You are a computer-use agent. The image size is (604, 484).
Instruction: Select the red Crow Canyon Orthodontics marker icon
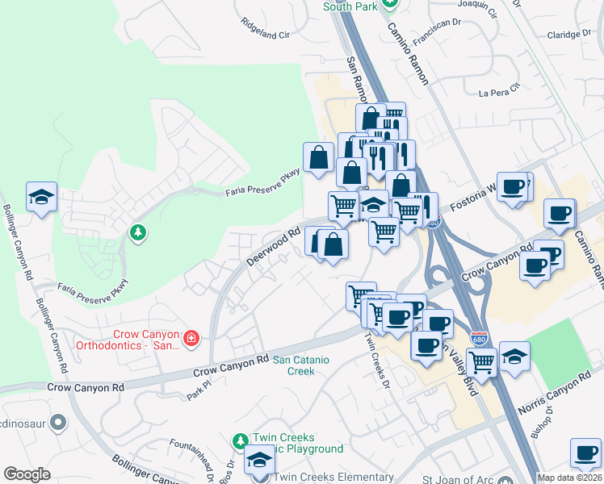click(x=191, y=338)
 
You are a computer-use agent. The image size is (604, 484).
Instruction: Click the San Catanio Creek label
click(x=294, y=365)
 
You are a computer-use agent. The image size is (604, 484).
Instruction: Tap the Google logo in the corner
click(x=27, y=474)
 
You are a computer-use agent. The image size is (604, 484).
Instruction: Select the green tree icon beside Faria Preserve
click(x=138, y=233)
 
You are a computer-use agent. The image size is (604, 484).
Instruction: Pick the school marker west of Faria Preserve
click(x=41, y=197)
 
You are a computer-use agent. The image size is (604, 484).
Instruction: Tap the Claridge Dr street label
click(x=575, y=35)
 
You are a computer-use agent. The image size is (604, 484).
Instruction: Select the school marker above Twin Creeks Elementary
click(x=259, y=459)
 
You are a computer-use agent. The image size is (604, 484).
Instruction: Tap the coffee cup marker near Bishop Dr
click(x=585, y=453)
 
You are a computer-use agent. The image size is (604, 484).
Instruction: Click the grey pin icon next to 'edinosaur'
click(x=58, y=422)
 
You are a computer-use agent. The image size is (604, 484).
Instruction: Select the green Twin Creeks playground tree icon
click(x=240, y=441)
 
